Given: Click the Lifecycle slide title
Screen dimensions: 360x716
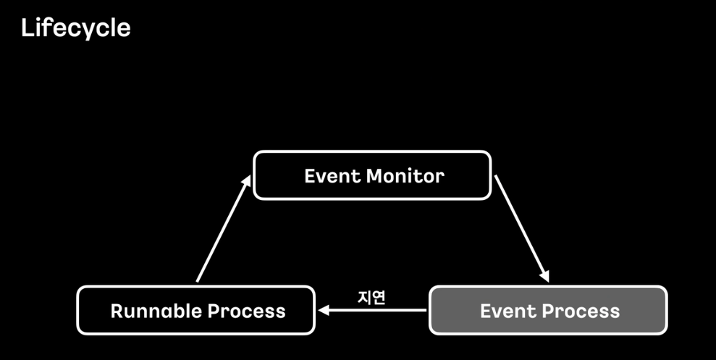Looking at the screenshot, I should [x=75, y=28].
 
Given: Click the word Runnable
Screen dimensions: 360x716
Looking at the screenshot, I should [x=156, y=311].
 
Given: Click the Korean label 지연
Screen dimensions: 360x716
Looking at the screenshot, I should [x=371, y=297].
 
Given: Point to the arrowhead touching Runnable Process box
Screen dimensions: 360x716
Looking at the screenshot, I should [x=324, y=310].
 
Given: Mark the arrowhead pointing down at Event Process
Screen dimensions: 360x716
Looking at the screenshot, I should [x=544, y=276].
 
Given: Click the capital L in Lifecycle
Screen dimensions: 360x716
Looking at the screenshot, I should [x=28, y=28].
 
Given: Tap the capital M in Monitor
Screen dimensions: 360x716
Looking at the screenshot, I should [x=375, y=175].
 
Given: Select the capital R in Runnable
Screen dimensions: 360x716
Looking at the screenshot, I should [x=117, y=311].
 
